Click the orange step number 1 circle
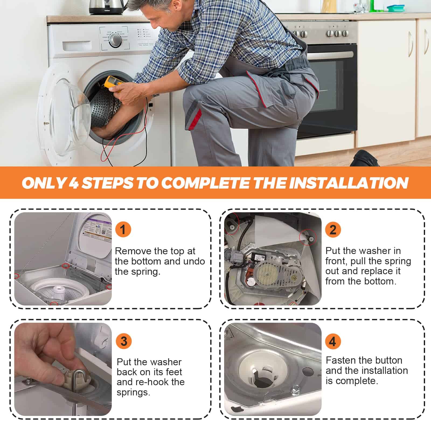123,230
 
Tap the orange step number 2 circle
333,230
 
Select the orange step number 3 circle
124,341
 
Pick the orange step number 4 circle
333,341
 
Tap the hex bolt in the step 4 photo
296,389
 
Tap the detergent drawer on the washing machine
77,46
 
